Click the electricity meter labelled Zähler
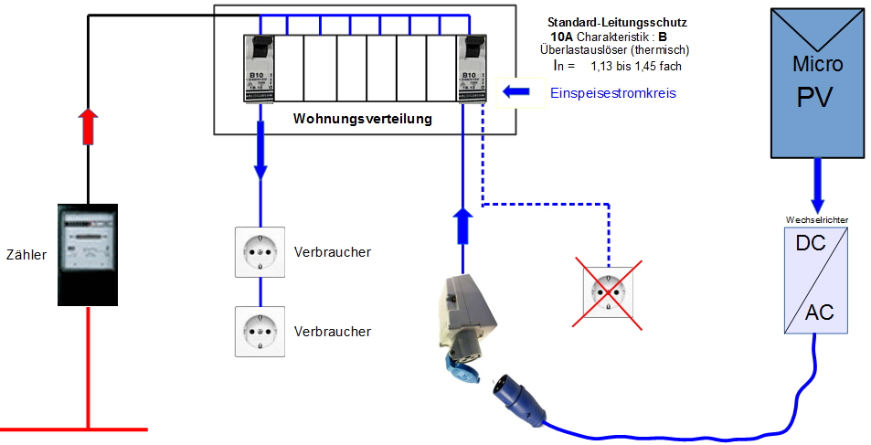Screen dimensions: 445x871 [88, 253]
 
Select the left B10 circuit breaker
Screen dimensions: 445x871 [259, 68]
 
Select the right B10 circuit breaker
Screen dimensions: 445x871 [473, 68]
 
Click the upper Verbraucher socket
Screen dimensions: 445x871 [260, 251]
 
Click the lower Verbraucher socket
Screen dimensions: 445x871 [260, 331]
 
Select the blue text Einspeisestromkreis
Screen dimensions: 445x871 [612, 93]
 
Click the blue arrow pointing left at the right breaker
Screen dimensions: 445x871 [515, 91]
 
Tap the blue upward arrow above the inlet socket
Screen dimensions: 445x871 [462, 225]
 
